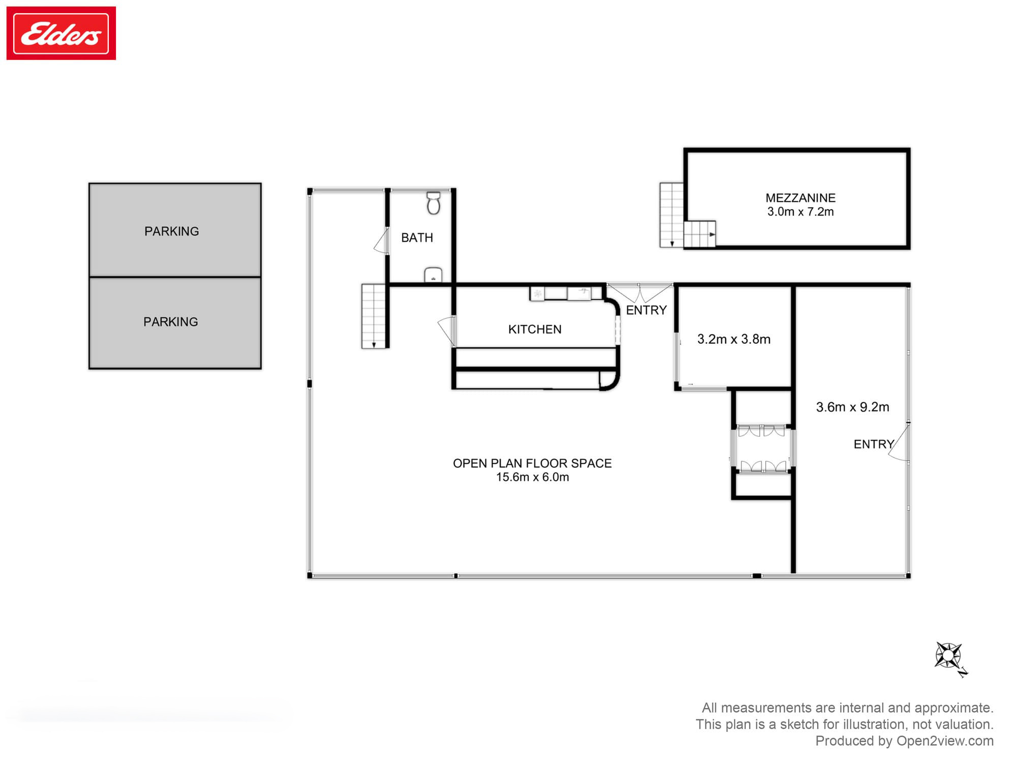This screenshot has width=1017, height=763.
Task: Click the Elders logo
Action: click(61, 34)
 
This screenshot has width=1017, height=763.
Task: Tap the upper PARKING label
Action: click(171, 231)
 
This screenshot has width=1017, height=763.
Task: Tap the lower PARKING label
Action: click(170, 322)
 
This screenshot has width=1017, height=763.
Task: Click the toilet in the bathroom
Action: click(433, 203)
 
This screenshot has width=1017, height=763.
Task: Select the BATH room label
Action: click(417, 238)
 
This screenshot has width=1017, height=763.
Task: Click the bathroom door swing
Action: click(381, 242)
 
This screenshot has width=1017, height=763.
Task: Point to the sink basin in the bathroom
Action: click(433, 275)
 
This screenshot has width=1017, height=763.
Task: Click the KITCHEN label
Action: click(534, 330)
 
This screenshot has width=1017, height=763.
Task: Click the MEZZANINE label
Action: click(800, 198)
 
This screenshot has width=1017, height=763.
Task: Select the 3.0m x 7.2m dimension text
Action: click(800, 212)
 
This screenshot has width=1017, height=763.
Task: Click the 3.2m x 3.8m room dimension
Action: click(733, 339)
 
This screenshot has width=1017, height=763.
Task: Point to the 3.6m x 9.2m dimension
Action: click(852, 407)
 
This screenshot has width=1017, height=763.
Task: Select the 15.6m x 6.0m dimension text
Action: click(532, 477)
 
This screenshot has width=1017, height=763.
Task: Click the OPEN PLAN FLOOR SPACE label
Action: click(532, 463)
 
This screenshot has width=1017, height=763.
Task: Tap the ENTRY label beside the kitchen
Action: click(646, 310)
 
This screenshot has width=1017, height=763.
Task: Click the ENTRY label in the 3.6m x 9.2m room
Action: click(873, 445)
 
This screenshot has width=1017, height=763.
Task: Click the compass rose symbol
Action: click(948, 656)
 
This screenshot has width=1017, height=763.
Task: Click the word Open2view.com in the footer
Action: click(944, 741)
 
